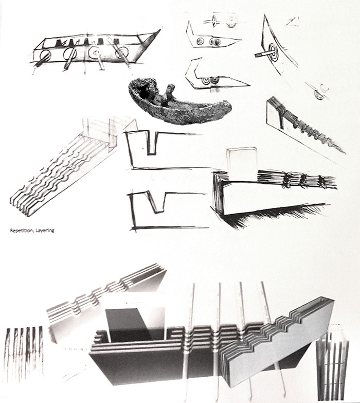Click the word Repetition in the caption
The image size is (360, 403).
[22, 231]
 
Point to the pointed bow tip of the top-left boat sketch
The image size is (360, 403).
[161, 29]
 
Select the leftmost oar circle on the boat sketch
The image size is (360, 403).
[46, 55]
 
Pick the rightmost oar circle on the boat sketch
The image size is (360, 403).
[121, 52]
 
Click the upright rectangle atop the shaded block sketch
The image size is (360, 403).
[242, 163]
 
